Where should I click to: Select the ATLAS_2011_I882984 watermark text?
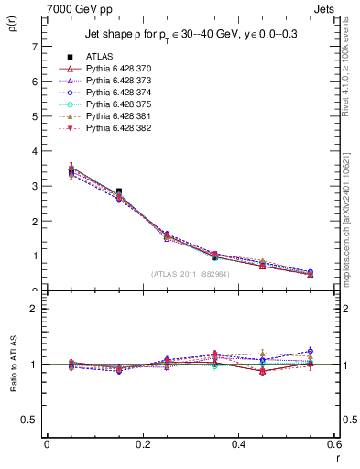click(x=189, y=274)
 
